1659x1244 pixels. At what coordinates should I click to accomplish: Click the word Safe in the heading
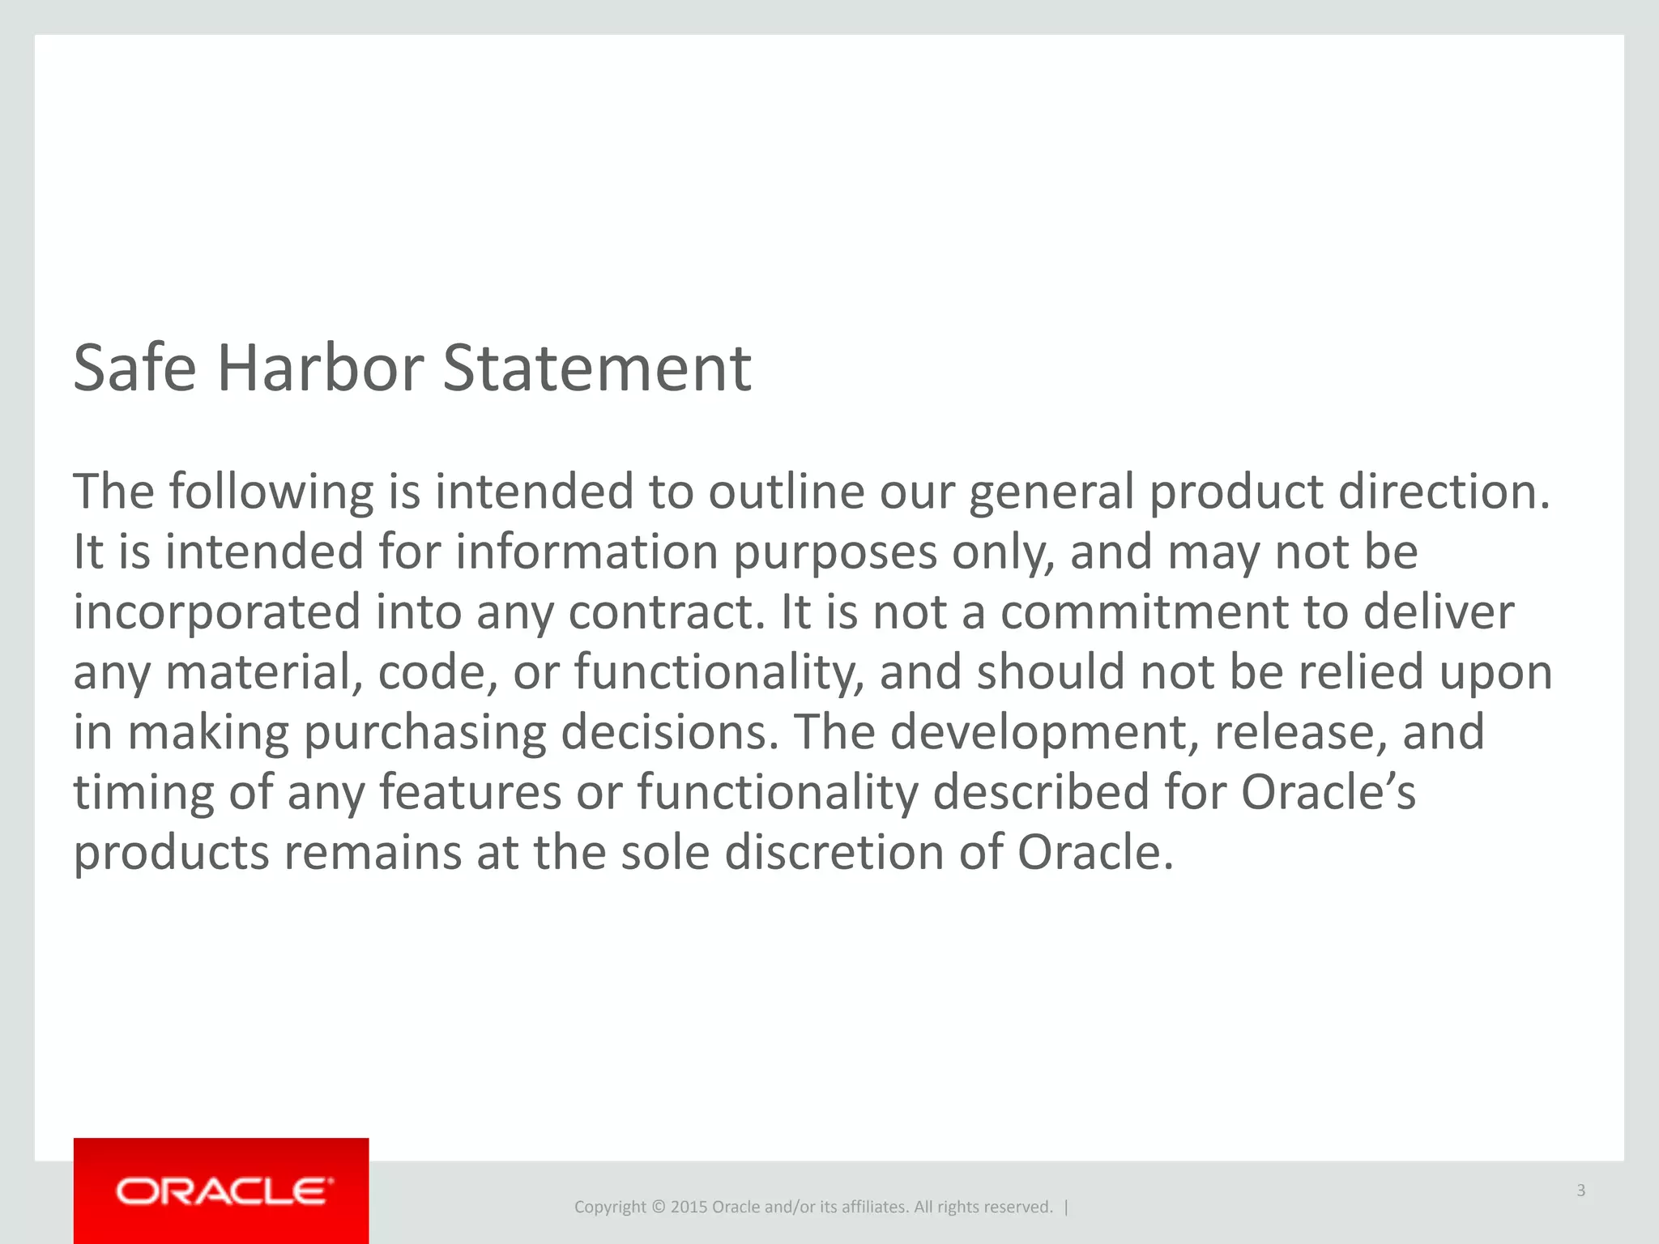(134, 369)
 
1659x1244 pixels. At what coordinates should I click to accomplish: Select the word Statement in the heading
(597, 369)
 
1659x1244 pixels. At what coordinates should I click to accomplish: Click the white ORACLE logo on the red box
(224, 1191)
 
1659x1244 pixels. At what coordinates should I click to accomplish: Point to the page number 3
(1580, 1191)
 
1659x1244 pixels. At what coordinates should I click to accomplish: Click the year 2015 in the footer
(689, 1207)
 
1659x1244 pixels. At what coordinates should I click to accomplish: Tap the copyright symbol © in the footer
(658, 1207)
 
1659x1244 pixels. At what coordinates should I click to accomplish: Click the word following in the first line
(271, 492)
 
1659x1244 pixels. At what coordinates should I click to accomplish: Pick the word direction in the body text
(1444, 492)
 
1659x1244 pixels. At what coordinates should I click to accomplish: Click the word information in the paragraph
(586, 552)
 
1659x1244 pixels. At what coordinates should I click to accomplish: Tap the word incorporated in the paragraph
(216, 612)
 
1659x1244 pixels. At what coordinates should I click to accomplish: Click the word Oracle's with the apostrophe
(1328, 791)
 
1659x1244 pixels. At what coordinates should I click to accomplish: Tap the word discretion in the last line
(834, 853)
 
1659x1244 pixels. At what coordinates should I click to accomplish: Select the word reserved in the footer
(1019, 1207)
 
